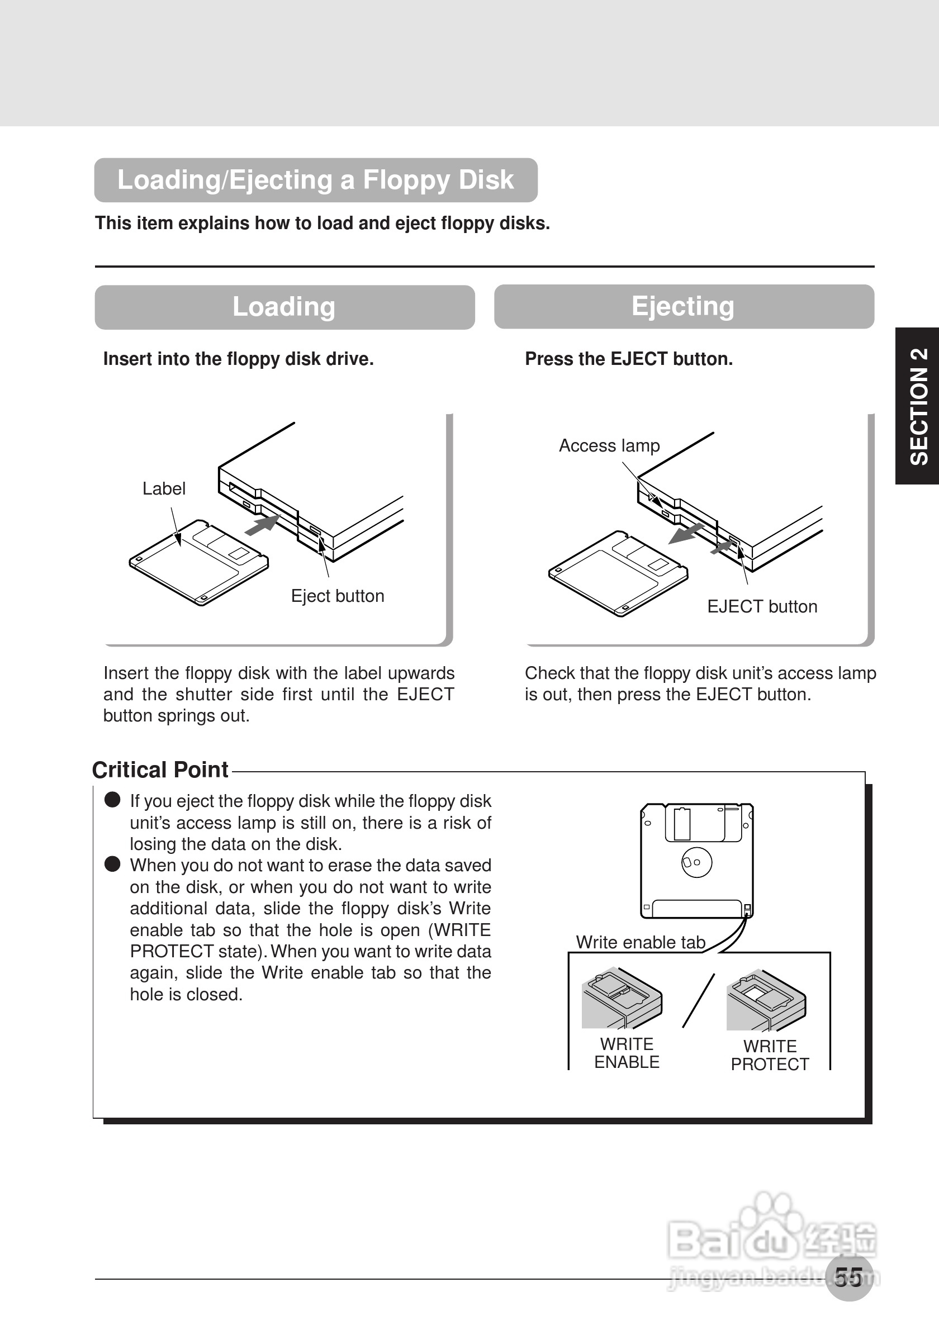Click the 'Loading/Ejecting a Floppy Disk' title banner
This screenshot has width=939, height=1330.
316,180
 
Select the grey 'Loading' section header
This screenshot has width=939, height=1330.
284,307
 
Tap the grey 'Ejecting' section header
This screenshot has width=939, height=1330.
684,306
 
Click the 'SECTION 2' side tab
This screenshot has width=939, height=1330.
918,406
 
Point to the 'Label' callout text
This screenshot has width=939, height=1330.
164,489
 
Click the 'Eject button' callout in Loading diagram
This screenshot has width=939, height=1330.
338,596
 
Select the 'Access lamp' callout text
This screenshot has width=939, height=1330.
609,445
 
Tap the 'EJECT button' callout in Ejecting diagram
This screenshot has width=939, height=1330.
762,606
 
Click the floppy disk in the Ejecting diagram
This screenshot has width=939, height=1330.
618,573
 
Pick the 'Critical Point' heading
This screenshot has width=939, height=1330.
160,770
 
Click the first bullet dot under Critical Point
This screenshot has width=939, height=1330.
112,800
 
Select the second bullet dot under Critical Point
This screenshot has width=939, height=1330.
112,864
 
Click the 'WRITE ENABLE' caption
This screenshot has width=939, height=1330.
627,1053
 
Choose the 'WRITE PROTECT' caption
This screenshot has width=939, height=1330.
770,1056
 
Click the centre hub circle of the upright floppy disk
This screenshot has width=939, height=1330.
696,862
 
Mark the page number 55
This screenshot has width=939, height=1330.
848,1277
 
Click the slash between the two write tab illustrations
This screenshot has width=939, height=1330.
699,1000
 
